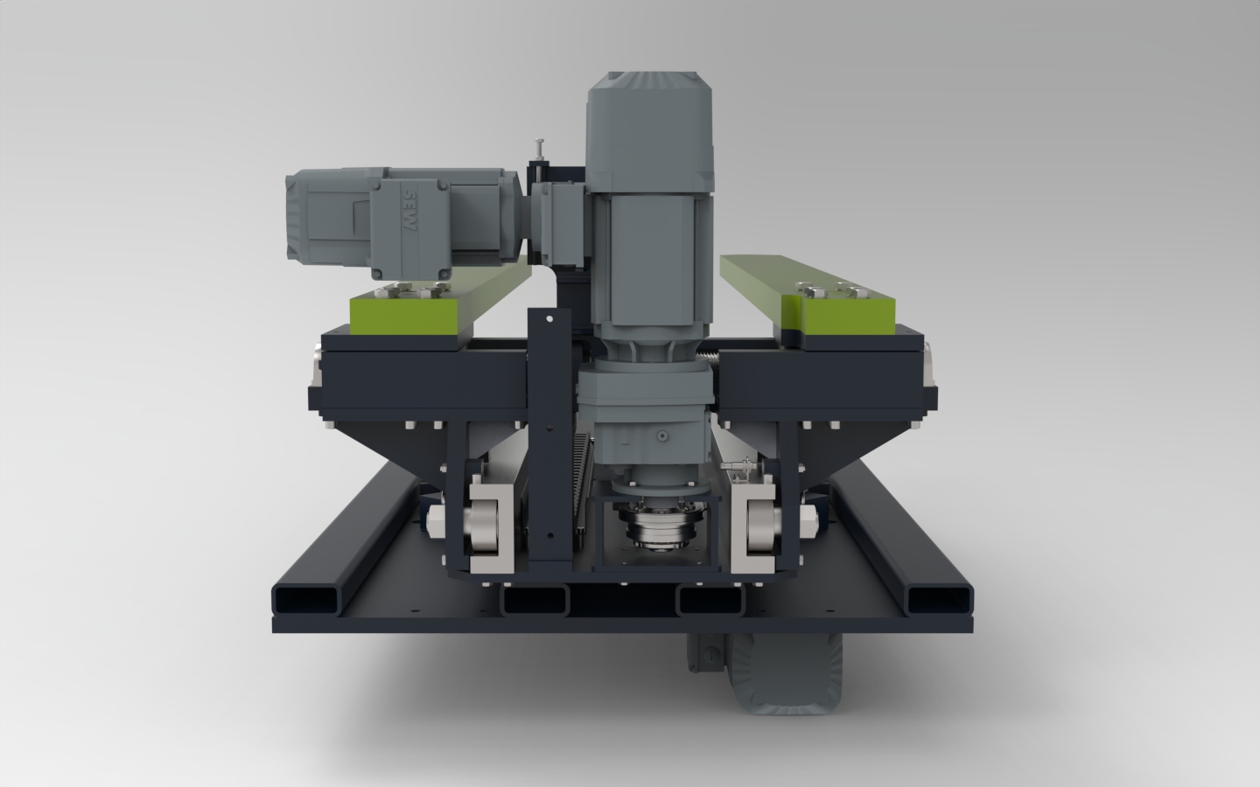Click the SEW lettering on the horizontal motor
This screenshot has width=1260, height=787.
click(x=409, y=209)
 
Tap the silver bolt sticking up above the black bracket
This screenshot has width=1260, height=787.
click(x=540, y=150)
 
